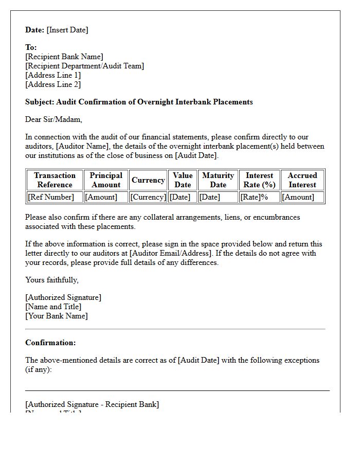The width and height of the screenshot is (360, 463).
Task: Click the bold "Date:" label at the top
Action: click(34, 30)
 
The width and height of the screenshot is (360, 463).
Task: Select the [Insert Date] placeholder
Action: click(67, 30)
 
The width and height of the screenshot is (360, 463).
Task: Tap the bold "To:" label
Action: click(31, 47)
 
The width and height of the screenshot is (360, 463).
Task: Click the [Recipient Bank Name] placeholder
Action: click(64, 57)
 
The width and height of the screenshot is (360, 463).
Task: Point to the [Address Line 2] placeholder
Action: click(53, 84)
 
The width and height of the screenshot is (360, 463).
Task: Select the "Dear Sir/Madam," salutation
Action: click(53, 119)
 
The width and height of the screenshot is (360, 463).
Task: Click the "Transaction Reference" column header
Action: click(55, 180)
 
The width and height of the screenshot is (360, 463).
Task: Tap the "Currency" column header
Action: click(148, 180)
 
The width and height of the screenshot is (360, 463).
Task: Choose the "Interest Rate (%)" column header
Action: click(260, 180)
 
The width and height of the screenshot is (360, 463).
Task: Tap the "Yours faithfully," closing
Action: click(52, 280)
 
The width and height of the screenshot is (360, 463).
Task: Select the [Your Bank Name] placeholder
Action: click(57, 316)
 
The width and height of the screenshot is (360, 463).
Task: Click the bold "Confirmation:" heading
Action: click(50, 343)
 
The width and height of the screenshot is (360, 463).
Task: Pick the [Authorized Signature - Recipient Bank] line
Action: click(92, 404)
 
